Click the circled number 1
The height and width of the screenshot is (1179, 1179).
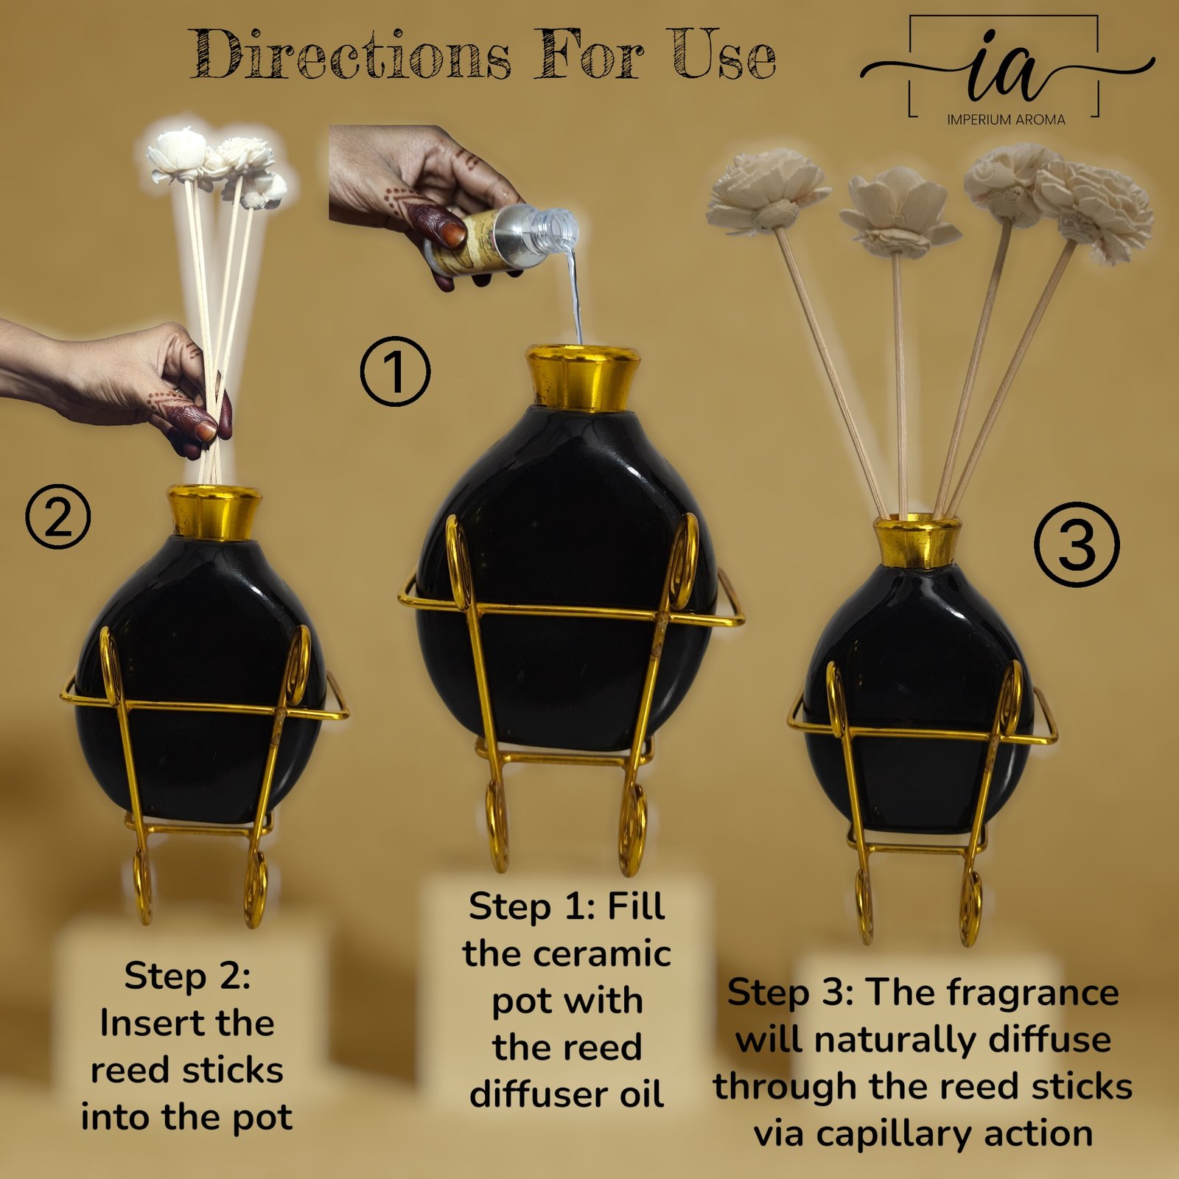click(395, 371)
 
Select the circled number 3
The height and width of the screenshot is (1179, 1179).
click(1077, 545)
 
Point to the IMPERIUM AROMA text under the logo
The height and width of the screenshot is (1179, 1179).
click(1006, 119)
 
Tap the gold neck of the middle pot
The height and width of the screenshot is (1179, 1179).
click(582, 377)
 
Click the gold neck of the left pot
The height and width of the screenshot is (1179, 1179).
click(214, 511)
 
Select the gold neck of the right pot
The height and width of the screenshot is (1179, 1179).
click(917, 542)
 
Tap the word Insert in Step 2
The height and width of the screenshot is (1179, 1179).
click(142, 1023)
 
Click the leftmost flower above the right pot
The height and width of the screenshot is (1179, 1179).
click(767, 191)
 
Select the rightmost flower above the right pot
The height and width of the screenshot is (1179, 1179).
click(1094, 209)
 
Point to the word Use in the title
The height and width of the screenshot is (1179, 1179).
click(724, 55)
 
